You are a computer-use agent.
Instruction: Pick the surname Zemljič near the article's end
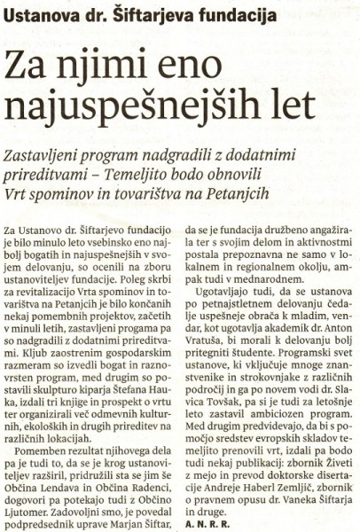[x=305, y=498]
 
